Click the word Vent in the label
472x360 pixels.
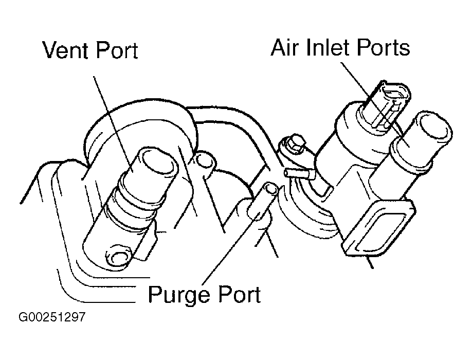(66, 51)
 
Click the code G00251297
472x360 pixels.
(51, 317)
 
